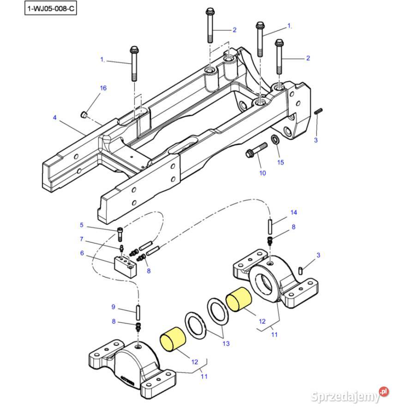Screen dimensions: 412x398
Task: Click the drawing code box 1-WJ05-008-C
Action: click(51, 8)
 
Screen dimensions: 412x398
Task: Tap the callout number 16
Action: click(103, 88)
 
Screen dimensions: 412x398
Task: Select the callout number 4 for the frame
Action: click(54, 118)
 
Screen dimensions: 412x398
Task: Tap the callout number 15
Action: click(280, 162)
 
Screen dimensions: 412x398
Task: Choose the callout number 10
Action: click(262, 173)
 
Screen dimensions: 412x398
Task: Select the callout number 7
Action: click(82, 239)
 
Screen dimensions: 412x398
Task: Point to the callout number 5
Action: click(82, 225)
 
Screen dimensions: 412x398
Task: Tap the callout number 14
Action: click(294, 212)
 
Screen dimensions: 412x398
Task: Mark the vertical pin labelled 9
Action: click(137, 311)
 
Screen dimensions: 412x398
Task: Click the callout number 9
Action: click(113, 307)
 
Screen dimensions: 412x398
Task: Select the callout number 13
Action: click(226, 344)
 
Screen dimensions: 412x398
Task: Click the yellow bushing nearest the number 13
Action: click(238, 299)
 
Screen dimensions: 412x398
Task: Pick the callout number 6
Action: click(82, 253)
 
